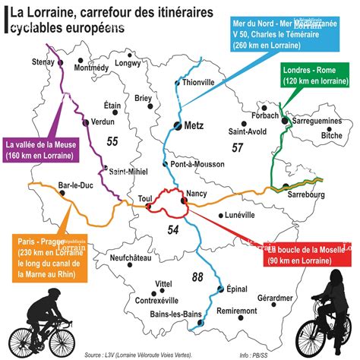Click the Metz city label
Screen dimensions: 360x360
tap(194, 128)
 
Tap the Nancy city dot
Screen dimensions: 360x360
tap(185, 201)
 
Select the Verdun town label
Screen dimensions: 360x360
tap(102, 122)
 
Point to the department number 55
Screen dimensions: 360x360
tap(113, 141)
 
